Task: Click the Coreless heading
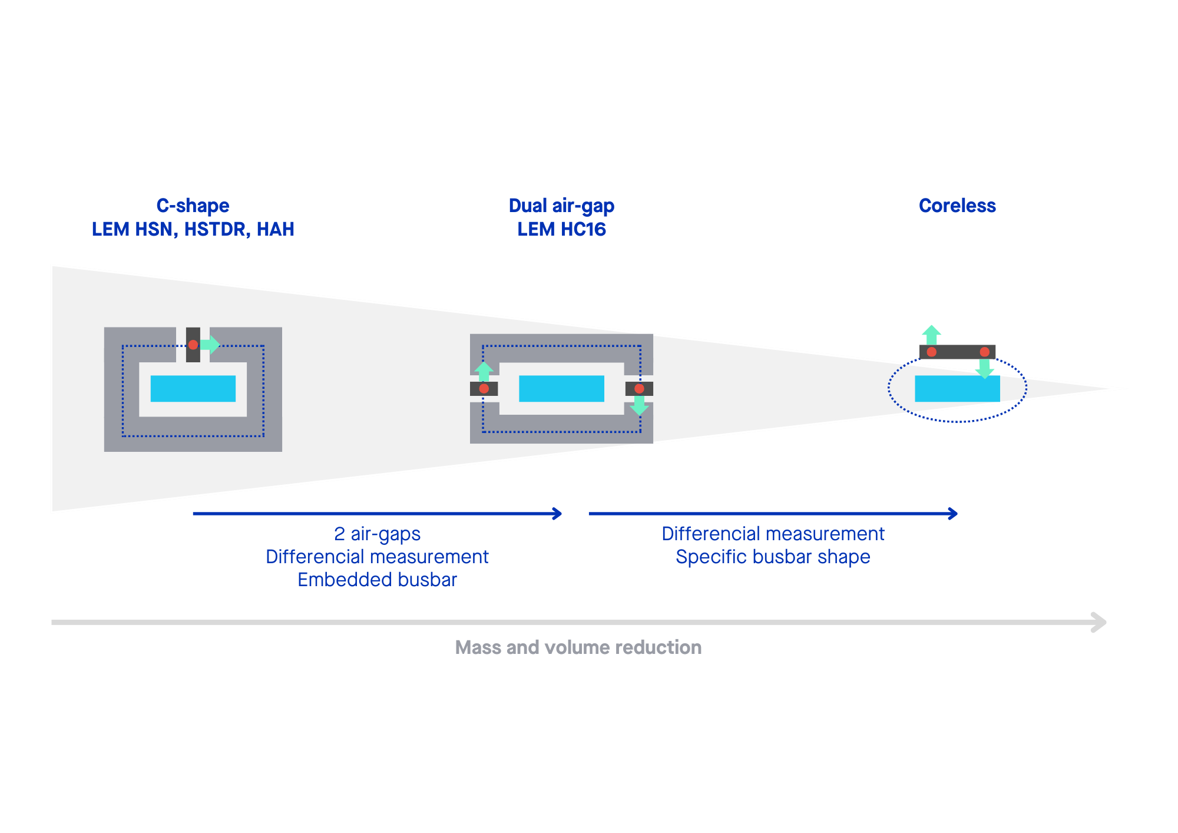pyautogui.click(x=957, y=206)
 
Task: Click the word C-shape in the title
pyautogui.click(x=193, y=206)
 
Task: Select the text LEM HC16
pyautogui.click(x=561, y=229)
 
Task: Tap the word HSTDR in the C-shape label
pyautogui.click(x=214, y=229)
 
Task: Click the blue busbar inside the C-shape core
pyautogui.click(x=193, y=389)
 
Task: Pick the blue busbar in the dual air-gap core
pyautogui.click(x=561, y=389)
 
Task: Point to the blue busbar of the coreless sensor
pyautogui.click(x=957, y=389)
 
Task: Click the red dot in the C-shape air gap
pyautogui.click(x=193, y=345)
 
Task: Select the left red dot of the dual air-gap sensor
pyautogui.click(x=484, y=389)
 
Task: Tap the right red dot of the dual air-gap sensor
pyautogui.click(x=639, y=389)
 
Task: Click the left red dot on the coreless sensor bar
pyautogui.click(x=932, y=352)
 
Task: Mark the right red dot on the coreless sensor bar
pyautogui.click(x=984, y=352)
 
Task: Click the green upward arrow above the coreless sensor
pyautogui.click(x=931, y=334)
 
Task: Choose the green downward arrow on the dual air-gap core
pyautogui.click(x=639, y=406)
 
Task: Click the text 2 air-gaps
pyautogui.click(x=377, y=534)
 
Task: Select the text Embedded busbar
pyautogui.click(x=377, y=580)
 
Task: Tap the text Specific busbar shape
pyautogui.click(x=773, y=557)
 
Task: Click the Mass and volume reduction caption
pyautogui.click(x=578, y=647)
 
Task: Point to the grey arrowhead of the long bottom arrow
pyautogui.click(x=1099, y=622)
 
